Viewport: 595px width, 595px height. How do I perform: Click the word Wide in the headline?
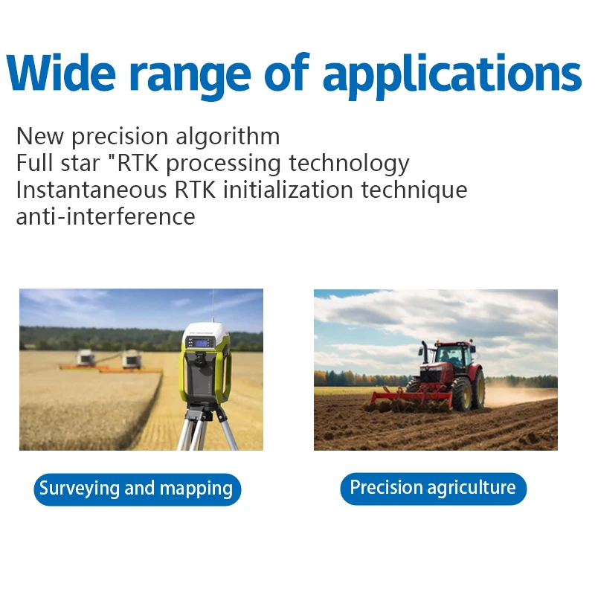tap(61, 72)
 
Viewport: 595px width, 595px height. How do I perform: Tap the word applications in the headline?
tap(452, 77)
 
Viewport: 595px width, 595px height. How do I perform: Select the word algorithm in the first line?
tap(228, 137)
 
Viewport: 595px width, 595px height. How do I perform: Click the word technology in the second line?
tap(349, 164)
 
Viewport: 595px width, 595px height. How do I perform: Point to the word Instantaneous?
tap(91, 190)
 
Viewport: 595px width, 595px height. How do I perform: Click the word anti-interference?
tap(106, 216)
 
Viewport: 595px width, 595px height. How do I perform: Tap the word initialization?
tap(288, 190)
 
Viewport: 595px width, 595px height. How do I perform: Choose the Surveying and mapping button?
tap(137, 489)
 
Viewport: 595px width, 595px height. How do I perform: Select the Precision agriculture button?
tap(433, 489)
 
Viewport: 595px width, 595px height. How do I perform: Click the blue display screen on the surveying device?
tap(201, 343)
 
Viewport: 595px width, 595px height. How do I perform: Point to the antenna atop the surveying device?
tap(213, 306)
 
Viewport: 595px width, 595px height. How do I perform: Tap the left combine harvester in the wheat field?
tap(86, 358)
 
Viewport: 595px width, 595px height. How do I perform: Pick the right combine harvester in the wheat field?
tap(132, 359)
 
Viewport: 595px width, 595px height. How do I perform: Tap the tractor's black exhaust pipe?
tap(425, 352)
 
